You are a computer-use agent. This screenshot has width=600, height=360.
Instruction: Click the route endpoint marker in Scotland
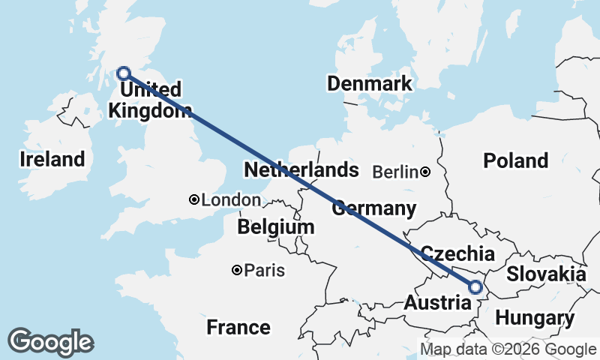[x=124, y=73]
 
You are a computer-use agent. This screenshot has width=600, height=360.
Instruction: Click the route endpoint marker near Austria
[x=475, y=286]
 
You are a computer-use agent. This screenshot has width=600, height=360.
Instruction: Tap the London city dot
[x=194, y=199]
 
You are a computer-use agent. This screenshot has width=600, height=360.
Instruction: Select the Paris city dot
[x=237, y=270]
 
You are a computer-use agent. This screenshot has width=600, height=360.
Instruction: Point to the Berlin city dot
[x=425, y=172]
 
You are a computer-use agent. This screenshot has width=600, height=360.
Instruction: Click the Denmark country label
[x=370, y=83]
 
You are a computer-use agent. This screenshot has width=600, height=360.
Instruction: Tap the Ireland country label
[x=52, y=159]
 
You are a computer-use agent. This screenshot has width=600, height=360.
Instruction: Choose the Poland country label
[x=515, y=160]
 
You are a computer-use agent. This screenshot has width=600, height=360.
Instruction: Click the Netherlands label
[x=301, y=169]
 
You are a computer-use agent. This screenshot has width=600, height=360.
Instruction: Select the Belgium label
[x=275, y=226]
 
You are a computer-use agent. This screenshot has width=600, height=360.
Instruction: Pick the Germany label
[x=373, y=208]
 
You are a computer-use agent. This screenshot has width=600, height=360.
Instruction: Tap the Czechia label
[x=457, y=253]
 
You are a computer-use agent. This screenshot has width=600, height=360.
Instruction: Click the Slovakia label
[x=546, y=274]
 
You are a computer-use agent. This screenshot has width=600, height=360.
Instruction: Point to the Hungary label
[x=535, y=318]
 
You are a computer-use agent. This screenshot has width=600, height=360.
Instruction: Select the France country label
[x=238, y=327]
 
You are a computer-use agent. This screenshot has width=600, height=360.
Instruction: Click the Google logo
[x=50, y=342]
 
